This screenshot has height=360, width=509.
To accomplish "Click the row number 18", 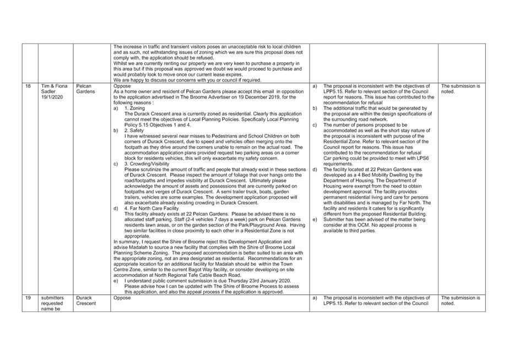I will (28, 87).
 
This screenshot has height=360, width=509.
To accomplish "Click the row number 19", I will (28, 298).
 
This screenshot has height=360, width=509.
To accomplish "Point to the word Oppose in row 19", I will (122, 298).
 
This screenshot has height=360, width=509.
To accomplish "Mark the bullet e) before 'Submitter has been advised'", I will (315, 219).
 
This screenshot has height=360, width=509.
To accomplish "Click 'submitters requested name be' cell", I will (53, 303).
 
